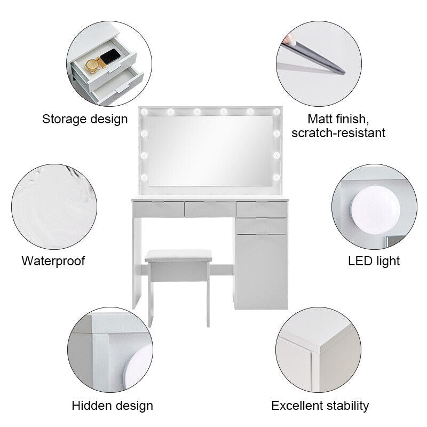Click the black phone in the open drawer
point(110,57)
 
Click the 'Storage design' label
point(85,119)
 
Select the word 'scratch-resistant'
point(338,133)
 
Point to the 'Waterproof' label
point(53,261)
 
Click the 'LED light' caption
point(374,261)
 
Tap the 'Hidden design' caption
point(112,406)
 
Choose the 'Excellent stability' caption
point(320,406)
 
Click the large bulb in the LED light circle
point(375,210)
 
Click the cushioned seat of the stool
point(178,256)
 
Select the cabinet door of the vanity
point(261,272)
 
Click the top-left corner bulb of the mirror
point(144,112)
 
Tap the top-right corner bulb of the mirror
point(276,112)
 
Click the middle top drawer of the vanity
point(210,209)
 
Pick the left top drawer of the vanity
point(158,209)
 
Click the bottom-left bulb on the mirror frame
point(144,178)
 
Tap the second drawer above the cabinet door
point(261,226)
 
